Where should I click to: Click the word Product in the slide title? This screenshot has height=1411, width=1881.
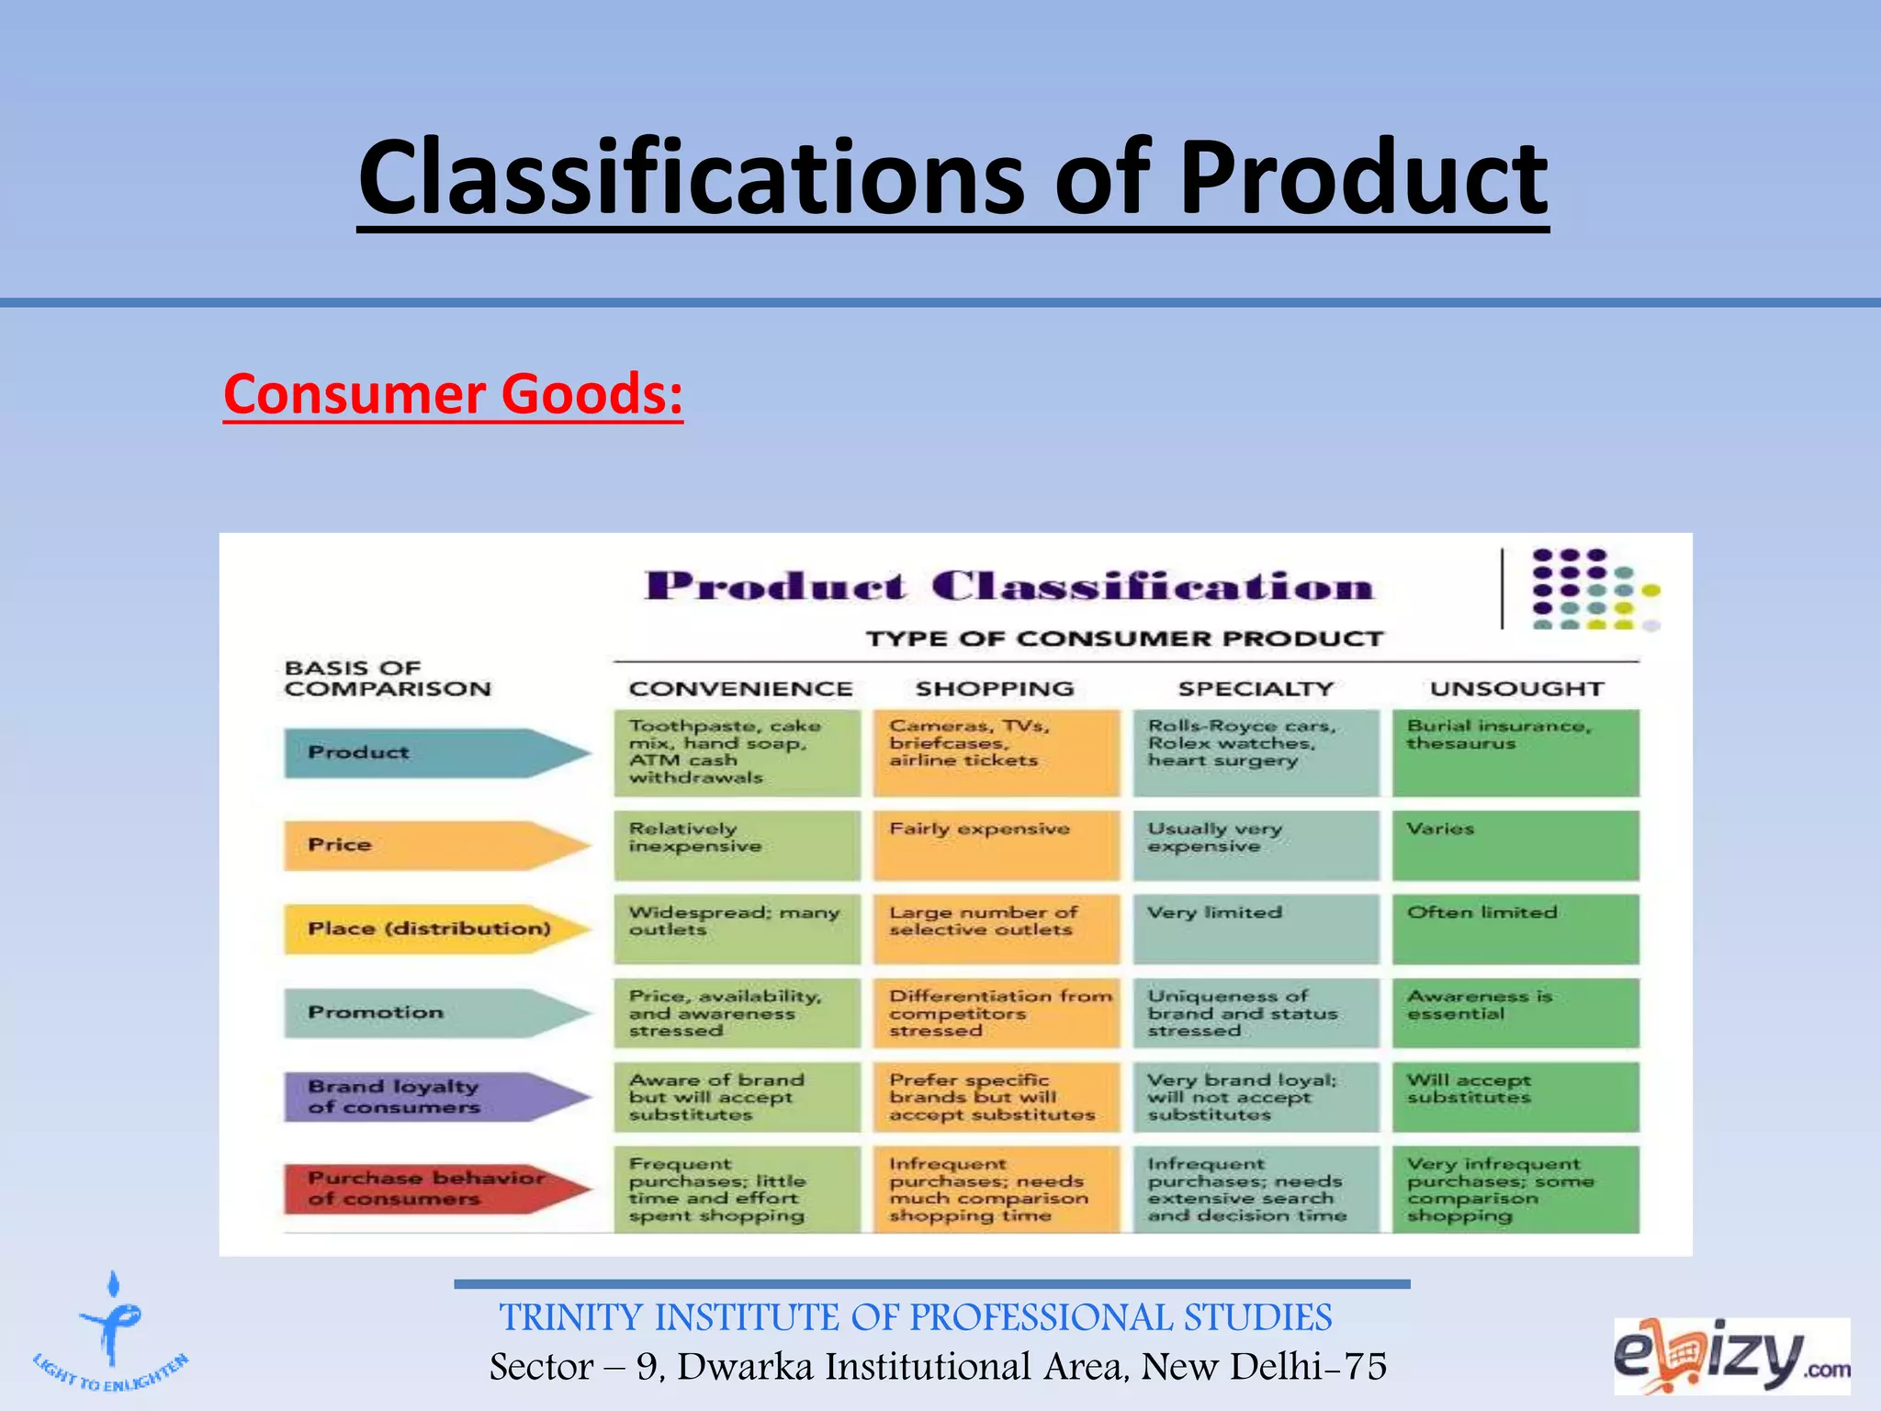pyautogui.click(x=1363, y=177)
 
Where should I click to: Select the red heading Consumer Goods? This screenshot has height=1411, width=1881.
pyautogui.click(x=453, y=394)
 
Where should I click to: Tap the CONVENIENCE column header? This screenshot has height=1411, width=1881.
pyautogui.click(x=740, y=689)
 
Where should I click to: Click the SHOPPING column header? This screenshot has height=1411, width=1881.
pyautogui.click(x=995, y=689)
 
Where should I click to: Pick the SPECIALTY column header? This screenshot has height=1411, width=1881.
pyautogui.click(x=1256, y=689)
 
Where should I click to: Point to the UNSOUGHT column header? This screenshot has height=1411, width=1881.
pyautogui.click(x=1516, y=689)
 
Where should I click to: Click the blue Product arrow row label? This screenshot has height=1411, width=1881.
pyautogui.click(x=432, y=753)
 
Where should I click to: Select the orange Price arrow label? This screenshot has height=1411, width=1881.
pyautogui.click(x=432, y=845)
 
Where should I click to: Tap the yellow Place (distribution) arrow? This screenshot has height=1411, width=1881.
pyautogui.click(x=432, y=929)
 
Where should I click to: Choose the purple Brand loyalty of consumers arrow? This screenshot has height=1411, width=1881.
pyautogui.click(x=432, y=1097)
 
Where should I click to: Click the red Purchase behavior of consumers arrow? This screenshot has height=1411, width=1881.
pyautogui.click(x=432, y=1189)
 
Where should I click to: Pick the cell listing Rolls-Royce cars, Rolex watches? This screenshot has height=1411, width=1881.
pyautogui.click(x=1256, y=752)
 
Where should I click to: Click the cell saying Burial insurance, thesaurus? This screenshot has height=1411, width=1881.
pyautogui.click(x=1515, y=752)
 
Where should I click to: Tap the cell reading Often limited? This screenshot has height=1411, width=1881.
pyautogui.click(x=1515, y=929)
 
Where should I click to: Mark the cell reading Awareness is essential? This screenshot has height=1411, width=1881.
pyautogui.click(x=1515, y=1012)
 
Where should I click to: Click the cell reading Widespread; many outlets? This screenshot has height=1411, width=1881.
pyautogui.click(x=738, y=929)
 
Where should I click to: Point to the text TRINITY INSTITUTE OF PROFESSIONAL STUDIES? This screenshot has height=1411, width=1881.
pyautogui.click(x=916, y=1317)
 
